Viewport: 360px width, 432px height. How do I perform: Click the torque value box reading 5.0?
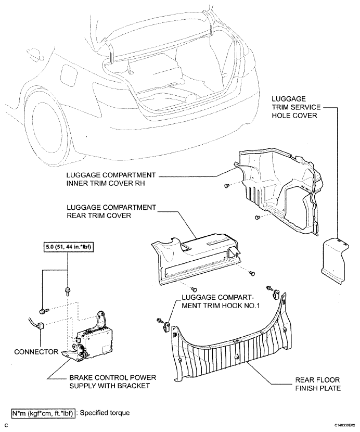tap(67, 247)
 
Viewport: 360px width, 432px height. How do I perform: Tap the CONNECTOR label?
tap(36, 352)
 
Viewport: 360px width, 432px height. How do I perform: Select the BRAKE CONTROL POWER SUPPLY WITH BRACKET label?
tap(113, 382)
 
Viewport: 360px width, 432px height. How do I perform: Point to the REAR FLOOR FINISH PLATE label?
tap(318, 384)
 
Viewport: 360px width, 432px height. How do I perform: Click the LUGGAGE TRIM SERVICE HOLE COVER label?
tap(296, 107)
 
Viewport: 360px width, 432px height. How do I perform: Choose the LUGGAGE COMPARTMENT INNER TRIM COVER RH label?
tap(111, 180)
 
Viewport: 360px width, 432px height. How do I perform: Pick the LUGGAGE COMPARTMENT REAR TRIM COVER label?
tap(111, 211)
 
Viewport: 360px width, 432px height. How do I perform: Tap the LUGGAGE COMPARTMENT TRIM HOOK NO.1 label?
tap(221, 301)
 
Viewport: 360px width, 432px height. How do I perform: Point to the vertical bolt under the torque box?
tap(67, 291)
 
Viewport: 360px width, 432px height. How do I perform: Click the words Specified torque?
tap(105, 412)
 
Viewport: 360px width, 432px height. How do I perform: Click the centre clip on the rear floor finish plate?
tap(236, 357)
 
